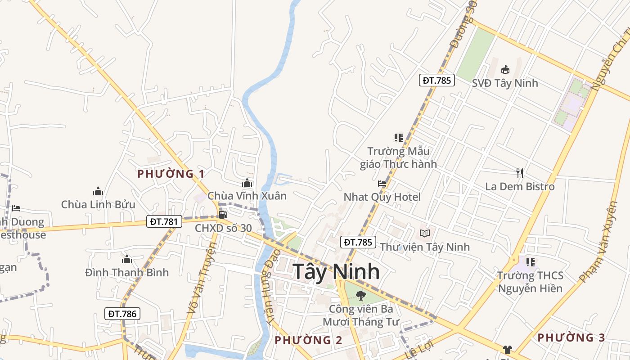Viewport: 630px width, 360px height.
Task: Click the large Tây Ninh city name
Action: click(336, 272)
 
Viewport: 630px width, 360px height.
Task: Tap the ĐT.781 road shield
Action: click(164, 221)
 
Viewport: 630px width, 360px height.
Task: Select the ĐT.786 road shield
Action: click(122, 314)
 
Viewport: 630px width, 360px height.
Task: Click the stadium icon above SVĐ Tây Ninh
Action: click(505, 69)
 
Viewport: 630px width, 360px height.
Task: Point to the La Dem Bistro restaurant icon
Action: click(520, 173)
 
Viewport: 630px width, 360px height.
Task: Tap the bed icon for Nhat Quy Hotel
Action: click(382, 183)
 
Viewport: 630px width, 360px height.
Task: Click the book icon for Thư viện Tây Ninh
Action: click(424, 233)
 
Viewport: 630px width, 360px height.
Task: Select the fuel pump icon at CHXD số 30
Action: click(223, 214)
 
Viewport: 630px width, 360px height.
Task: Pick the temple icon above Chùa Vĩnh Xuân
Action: click(247, 183)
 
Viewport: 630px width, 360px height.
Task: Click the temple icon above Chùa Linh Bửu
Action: click(98, 191)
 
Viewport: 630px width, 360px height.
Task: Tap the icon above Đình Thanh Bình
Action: click(126, 259)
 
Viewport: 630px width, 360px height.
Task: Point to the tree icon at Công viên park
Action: click(360, 295)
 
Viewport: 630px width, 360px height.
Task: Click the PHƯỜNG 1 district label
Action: click(171, 174)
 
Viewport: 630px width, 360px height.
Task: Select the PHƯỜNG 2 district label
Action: click(308, 340)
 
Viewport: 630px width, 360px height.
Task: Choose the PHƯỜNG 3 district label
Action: click(571, 337)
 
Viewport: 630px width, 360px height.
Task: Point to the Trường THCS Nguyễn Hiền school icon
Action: click(530, 262)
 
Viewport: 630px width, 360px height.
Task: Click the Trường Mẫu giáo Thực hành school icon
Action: click(398, 137)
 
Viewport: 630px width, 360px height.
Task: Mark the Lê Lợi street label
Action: click(418, 349)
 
